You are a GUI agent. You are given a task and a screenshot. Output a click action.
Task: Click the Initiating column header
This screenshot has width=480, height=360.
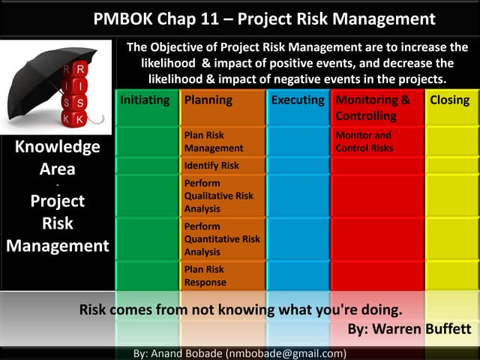[145, 100]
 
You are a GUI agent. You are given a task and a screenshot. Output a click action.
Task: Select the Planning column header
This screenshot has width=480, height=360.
[208, 100]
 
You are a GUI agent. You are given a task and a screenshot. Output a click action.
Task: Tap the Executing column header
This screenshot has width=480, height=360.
[298, 100]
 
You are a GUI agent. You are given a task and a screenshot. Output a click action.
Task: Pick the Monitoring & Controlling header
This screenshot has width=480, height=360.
[373, 108]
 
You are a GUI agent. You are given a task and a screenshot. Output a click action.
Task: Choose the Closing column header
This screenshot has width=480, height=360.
[449, 100]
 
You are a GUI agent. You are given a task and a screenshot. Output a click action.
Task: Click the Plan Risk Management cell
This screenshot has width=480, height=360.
[204, 142]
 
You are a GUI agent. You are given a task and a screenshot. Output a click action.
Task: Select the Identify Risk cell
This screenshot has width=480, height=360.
[211, 166]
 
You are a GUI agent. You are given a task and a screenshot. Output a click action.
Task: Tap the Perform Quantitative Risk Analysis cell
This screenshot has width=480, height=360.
[221, 238]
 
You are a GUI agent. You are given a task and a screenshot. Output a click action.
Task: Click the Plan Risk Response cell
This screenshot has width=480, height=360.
[205, 275]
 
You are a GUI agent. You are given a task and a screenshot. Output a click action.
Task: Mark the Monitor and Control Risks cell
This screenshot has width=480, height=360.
[364, 142]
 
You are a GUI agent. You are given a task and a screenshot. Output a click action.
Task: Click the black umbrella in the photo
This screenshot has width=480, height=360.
[45, 71]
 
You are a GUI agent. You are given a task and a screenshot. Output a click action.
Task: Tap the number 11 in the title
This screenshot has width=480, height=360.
[225, 19]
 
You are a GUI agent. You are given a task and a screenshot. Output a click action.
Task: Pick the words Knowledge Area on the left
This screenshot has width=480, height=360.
[57, 157]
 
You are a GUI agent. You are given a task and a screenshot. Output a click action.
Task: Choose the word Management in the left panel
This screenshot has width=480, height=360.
[57, 245]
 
